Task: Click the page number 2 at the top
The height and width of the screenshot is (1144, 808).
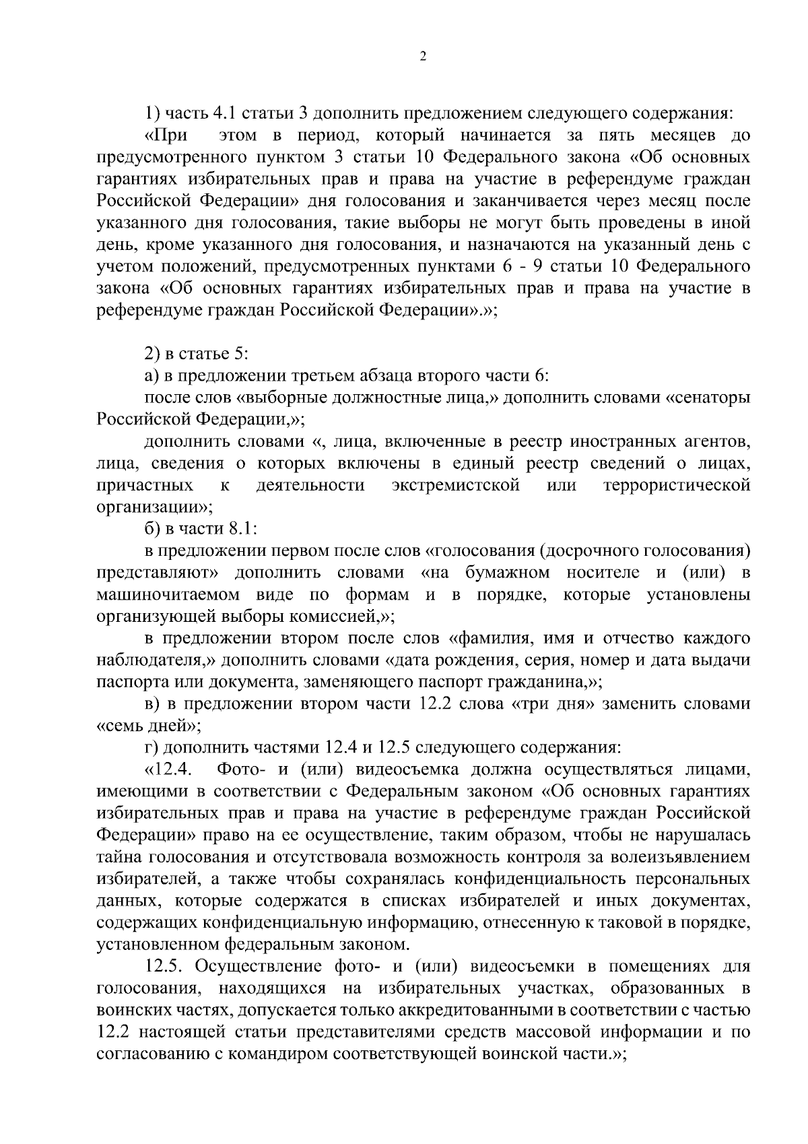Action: [x=423, y=57]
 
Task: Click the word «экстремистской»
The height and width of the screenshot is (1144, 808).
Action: [x=456, y=486]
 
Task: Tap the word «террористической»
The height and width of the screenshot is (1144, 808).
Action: [x=677, y=486]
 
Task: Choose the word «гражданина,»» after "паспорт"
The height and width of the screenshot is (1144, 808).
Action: [x=543, y=682]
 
